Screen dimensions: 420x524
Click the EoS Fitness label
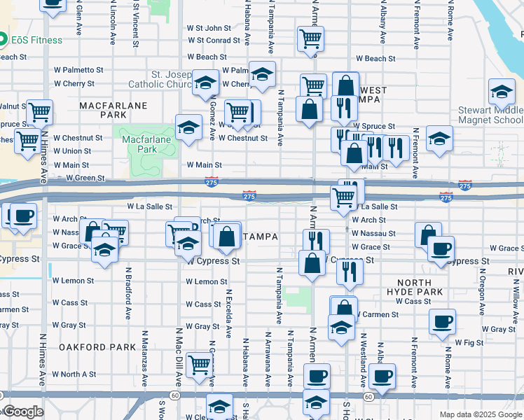[36, 40]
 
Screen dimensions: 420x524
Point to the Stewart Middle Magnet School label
[490, 115]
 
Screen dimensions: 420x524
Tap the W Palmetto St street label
[83, 70]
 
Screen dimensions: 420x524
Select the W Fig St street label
[469, 343]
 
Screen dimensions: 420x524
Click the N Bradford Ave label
[129, 290]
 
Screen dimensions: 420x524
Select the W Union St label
[71, 151]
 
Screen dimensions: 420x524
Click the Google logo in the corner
[23, 412]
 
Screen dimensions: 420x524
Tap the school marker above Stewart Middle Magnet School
[502, 92]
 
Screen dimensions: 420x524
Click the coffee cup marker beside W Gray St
[442, 322]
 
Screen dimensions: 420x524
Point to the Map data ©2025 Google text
[480, 414]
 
